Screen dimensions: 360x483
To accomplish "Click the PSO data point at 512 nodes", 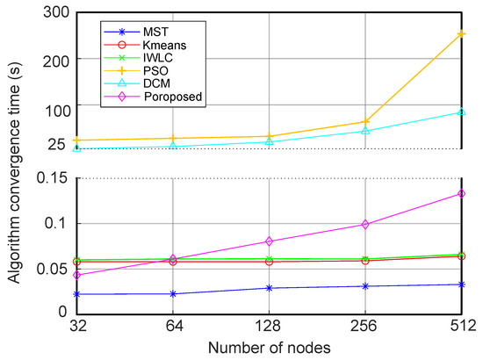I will click(462, 34).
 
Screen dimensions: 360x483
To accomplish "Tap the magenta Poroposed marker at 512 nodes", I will click(462, 193).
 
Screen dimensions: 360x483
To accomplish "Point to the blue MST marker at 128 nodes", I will click(269, 288).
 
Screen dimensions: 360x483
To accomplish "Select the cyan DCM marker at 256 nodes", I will click(365, 131).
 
